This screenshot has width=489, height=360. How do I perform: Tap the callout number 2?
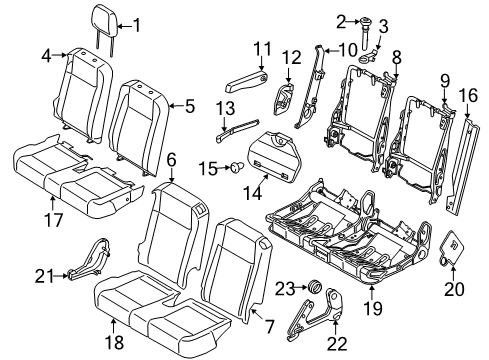341,21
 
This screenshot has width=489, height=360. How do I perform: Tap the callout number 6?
171,157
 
